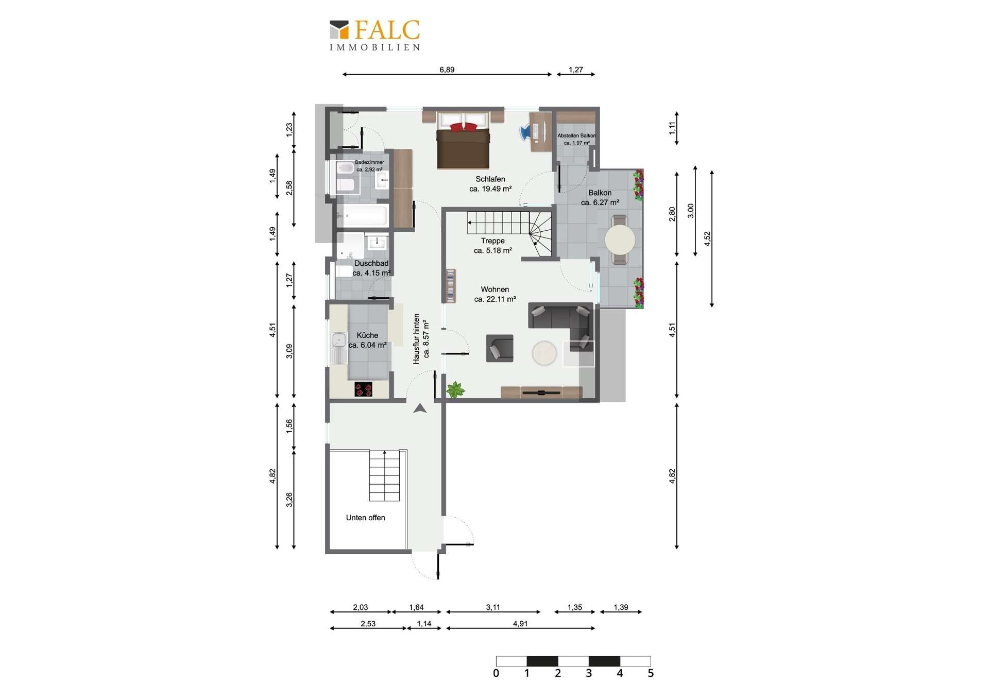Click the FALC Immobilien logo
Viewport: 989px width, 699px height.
[x=375, y=35]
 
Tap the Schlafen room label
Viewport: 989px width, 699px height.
[x=490, y=179]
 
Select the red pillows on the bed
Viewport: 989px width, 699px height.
[x=463, y=127]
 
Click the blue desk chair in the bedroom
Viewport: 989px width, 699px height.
[x=525, y=132]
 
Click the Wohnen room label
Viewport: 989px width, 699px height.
[x=495, y=289]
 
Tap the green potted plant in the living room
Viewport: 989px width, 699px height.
[x=455, y=389]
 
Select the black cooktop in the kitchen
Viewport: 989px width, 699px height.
[x=364, y=389]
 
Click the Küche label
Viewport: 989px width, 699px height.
[x=367, y=335]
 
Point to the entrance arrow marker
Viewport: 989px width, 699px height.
[x=420, y=408]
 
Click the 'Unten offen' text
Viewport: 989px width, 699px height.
[x=365, y=518]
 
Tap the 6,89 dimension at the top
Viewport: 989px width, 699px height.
[x=447, y=70]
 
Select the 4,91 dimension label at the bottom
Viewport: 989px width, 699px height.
[x=520, y=624]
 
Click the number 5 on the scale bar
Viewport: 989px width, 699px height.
[x=651, y=673]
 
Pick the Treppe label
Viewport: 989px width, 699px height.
[x=493, y=241]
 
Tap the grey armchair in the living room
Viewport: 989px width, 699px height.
[x=500, y=348]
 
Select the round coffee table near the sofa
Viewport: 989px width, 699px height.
[x=544, y=353]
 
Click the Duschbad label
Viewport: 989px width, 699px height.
[x=371, y=263]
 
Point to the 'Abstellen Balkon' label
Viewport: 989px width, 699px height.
[x=576, y=136]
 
